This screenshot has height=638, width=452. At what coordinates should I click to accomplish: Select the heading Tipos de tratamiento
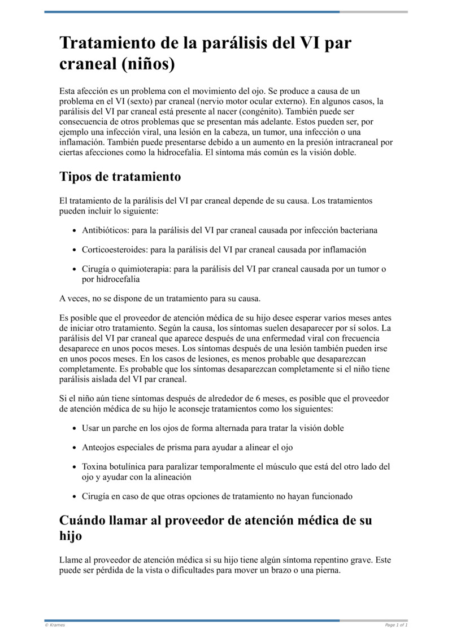tap(120, 176)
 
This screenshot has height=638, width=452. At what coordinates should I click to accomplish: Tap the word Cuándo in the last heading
tap(88, 520)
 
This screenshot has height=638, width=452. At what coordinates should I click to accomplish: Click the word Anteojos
tap(99, 447)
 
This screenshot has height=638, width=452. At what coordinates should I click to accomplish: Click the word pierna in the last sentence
tap(328, 570)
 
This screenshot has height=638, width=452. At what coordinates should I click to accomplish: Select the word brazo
tap(269, 570)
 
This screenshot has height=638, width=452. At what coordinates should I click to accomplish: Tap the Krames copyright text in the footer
tap(55, 625)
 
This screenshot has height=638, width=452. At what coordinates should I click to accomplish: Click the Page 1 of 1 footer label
tap(396, 625)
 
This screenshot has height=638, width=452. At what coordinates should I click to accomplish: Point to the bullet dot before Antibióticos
tap(75, 231)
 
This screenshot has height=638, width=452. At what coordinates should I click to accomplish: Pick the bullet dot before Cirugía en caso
tap(75, 497)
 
